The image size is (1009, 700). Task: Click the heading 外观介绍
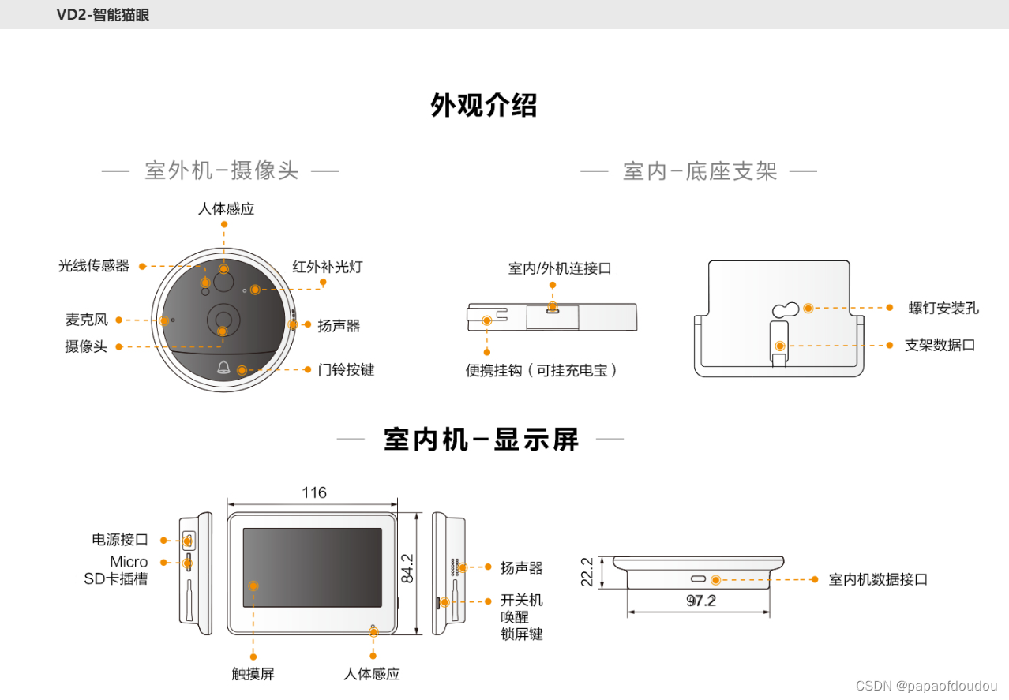483,106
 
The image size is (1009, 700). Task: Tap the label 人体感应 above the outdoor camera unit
226,209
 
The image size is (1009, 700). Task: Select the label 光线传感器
94,266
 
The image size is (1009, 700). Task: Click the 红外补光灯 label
327,267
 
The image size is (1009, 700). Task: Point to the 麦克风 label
87,320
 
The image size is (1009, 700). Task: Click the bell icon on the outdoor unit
223,368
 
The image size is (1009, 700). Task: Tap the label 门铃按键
346,369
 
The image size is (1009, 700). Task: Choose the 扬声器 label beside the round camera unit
339,325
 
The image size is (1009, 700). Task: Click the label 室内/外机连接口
560,268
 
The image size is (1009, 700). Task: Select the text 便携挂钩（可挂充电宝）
542,370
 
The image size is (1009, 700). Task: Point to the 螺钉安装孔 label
943,308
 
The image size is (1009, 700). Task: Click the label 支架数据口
940,346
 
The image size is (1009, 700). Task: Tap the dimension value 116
314,493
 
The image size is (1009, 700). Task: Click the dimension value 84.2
407,568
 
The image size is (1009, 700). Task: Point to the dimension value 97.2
700,601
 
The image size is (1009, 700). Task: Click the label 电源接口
120,541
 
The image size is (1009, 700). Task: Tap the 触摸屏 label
253,674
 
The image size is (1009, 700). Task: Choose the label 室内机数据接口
878,579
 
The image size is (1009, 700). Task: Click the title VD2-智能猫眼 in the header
103,15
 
